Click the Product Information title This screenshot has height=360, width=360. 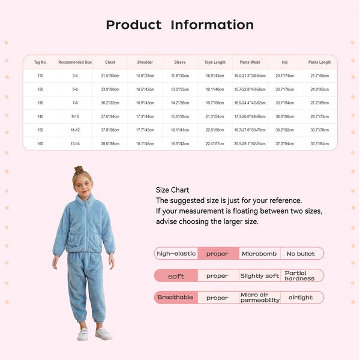pyautogui.click(x=180, y=25)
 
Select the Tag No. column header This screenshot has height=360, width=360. pyautogui.click(x=40, y=62)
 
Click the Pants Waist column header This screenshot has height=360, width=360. pyautogui.click(x=250, y=62)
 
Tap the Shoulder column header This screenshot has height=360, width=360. pyautogui.click(x=145, y=62)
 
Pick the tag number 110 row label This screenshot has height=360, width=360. pyautogui.click(x=40, y=76)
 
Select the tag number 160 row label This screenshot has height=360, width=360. pyautogui.click(x=40, y=144)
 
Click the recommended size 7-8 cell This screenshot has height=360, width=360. pyautogui.click(x=75, y=103)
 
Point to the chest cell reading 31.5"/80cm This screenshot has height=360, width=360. pyautogui.click(x=110, y=76)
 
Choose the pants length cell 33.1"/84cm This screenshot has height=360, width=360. pyautogui.click(x=320, y=144)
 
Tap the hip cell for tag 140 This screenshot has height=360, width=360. pyautogui.click(x=285, y=117)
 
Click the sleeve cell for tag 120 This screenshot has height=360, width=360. pyautogui.click(x=180, y=89)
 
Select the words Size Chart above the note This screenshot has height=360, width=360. pyautogui.click(x=172, y=190)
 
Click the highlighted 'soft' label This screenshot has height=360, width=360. pyautogui.click(x=176, y=276)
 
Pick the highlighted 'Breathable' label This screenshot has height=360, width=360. pyautogui.click(x=175, y=298)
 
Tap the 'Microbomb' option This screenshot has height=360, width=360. pyautogui.click(x=259, y=254)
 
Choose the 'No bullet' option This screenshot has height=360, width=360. pyautogui.click(x=301, y=254)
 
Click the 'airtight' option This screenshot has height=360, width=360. pyautogui.click(x=301, y=298)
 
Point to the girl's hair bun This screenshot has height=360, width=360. pyautogui.click(x=79, y=170)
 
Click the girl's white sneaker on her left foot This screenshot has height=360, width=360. pyautogui.click(x=103, y=334)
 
